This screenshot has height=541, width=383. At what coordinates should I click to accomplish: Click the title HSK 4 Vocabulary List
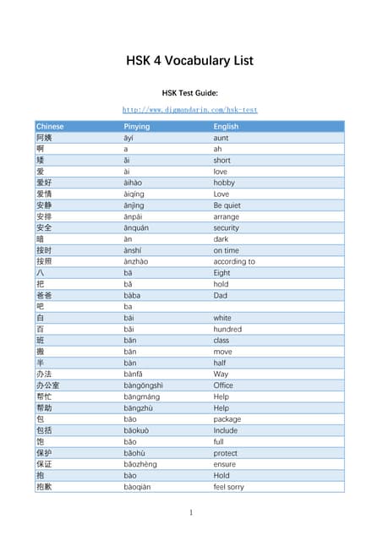190,61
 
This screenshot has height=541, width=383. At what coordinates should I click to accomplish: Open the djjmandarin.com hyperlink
190,110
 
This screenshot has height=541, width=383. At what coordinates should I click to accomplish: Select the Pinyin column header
137,127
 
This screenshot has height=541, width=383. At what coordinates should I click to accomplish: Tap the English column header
226,127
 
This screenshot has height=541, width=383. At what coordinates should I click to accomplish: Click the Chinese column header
50,127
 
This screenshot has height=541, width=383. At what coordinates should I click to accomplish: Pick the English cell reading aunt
221,137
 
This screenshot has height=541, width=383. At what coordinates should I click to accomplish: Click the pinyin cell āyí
129,137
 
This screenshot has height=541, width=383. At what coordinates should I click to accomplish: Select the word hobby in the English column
224,182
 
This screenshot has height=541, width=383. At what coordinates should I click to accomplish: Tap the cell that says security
226,227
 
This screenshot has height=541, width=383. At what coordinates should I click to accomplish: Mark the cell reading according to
234,261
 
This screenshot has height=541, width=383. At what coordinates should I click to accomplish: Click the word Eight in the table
222,272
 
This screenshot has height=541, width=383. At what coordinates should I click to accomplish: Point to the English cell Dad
220,295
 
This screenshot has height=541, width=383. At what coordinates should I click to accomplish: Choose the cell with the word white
222,318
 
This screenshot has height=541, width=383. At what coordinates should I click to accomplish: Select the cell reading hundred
227,329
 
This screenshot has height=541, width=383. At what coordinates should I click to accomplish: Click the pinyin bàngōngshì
144,385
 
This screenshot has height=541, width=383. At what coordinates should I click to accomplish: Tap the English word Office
223,385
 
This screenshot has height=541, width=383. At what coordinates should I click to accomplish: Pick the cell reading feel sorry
229,487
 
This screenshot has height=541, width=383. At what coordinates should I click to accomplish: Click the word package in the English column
227,419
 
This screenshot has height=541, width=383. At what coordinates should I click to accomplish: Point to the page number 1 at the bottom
191,512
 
